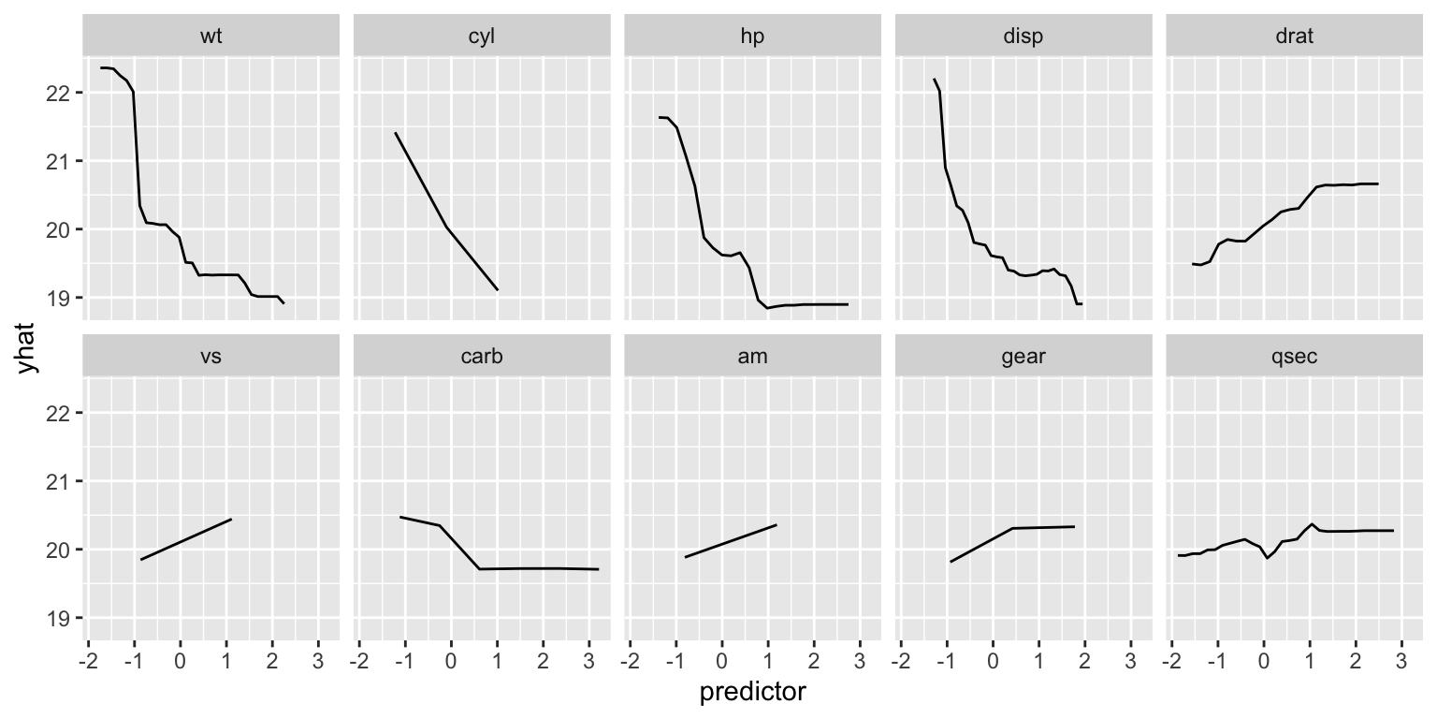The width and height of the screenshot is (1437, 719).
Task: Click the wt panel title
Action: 210,37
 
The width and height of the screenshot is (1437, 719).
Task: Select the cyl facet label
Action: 482,37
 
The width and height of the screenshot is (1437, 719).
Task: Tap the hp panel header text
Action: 753,37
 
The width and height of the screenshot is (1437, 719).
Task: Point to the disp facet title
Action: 1023,37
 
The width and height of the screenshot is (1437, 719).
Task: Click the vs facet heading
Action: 210,357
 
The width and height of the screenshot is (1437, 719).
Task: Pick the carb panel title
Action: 482,357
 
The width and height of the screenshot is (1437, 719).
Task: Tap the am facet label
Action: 753,357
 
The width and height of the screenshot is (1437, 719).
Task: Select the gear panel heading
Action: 1023,357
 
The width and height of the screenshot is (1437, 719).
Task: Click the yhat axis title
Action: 28,347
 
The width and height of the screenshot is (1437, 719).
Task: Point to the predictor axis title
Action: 752,693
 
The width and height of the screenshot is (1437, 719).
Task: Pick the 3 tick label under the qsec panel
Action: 1401,660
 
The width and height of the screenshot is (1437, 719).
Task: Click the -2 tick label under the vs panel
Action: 87,660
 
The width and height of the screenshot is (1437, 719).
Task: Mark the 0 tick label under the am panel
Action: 721,660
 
